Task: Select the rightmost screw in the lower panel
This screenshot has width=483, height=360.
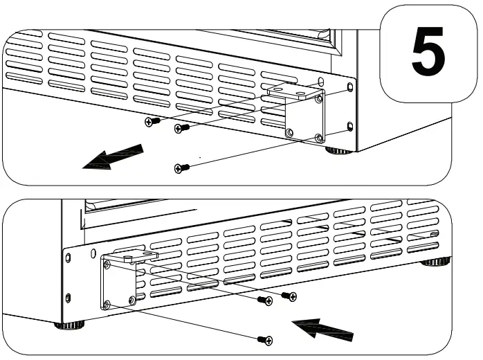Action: coord(291,296)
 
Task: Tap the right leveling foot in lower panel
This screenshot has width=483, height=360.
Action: coord(436,262)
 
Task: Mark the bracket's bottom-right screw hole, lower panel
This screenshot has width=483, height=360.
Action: coord(132,300)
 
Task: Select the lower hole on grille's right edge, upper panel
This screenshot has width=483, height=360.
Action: coord(350,126)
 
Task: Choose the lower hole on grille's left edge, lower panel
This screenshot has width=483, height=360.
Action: coord(67,297)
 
